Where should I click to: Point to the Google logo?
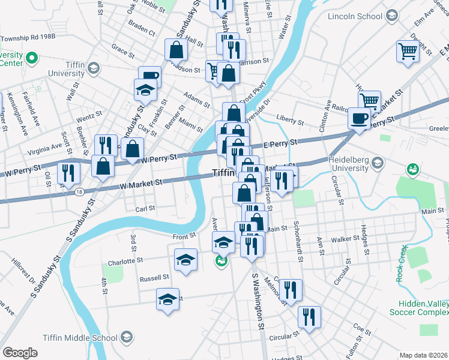pos(20,353)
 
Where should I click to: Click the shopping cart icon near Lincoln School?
pos(408,52)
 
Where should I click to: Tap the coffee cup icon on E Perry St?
pos(360,118)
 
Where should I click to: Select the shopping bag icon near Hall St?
pos(177,50)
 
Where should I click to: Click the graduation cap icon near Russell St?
pos(168,299)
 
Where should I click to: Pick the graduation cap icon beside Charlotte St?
pos(186,260)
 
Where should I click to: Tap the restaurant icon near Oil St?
pos(69,173)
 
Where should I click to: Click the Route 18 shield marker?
pos(80,191)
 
